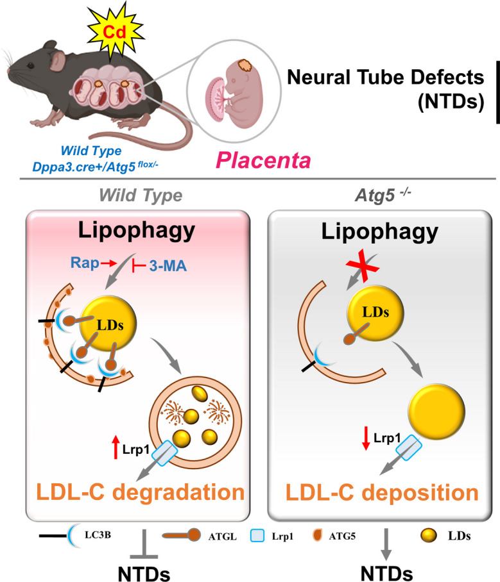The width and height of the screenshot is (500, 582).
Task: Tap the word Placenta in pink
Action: (x=263, y=161)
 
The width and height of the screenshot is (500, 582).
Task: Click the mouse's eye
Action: (x=30, y=65)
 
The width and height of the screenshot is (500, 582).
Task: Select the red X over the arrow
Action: (x=363, y=266)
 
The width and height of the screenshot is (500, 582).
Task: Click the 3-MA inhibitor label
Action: (x=168, y=266)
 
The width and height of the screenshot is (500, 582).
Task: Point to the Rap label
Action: (x=85, y=263)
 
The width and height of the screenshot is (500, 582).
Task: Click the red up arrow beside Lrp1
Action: (x=116, y=447)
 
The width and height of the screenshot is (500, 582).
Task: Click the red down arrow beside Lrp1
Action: (x=366, y=438)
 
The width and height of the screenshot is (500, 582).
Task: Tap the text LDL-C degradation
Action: (x=140, y=492)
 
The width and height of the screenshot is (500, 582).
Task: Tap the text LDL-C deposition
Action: (x=382, y=493)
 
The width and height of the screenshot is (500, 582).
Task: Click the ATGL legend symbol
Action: (x=182, y=535)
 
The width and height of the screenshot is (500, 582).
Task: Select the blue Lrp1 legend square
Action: (x=257, y=536)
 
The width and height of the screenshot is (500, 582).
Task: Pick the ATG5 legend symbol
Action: (x=317, y=536)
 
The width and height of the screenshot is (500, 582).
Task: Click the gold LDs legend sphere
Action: (x=429, y=535)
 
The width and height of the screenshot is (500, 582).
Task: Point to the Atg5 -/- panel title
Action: (x=383, y=195)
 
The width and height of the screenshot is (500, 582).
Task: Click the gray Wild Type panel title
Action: (x=141, y=195)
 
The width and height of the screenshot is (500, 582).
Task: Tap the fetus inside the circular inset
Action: (x=243, y=95)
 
